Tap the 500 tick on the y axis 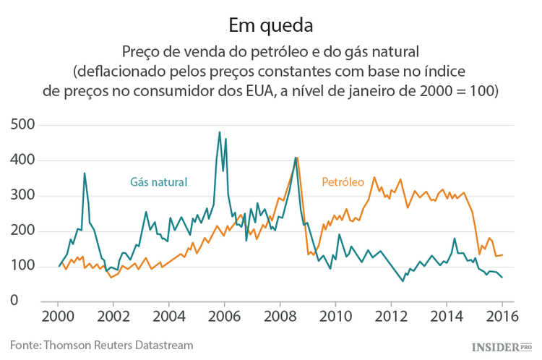coord(25,124)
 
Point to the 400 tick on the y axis coord(25,160)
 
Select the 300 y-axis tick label coord(25,195)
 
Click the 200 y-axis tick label coord(25,231)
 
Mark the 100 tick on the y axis coord(25,266)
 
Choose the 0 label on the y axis coord(33,301)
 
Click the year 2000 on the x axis coord(58,316)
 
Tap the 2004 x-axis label coord(168,316)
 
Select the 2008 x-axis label coord(280,316)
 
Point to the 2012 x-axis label coord(391,316)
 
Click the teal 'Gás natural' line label coord(158,181)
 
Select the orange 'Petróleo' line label coord(343,181)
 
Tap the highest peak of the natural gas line coord(220,132)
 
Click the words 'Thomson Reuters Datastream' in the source coord(119,345)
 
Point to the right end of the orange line coord(502,255)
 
